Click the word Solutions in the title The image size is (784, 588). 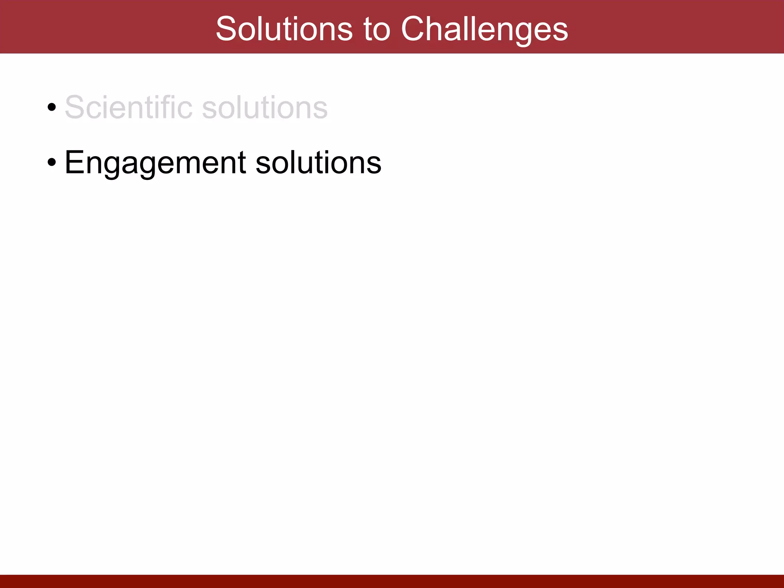click(x=284, y=29)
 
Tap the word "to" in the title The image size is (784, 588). click(x=377, y=29)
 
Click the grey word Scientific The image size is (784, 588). click(x=129, y=107)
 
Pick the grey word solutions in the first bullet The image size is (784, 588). click(x=265, y=107)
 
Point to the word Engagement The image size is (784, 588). click(x=155, y=163)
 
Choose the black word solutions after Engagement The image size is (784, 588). click(x=318, y=162)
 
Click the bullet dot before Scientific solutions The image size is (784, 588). click(x=52, y=108)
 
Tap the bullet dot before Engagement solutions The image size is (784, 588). click(x=52, y=163)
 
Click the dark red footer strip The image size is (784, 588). click(x=392, y=581)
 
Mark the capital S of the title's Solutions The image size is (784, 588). click(x=227, y=29)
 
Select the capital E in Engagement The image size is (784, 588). click(x=74, y=162)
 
